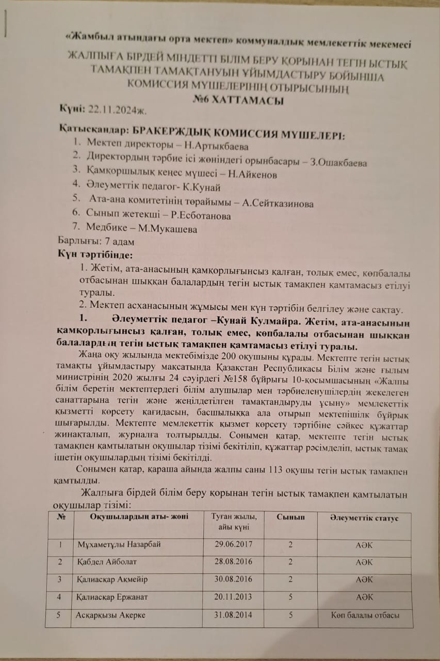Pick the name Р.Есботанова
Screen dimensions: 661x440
pyautogui.click(x=199, y=216)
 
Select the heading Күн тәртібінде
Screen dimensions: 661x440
pyautogui.click(x=95, y=255)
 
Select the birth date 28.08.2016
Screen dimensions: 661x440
pyautogui.click(x=235, y=562)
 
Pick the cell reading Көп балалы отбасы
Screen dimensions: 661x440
pyautogui.click(x=365, y=615)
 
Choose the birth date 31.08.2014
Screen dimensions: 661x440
pyautogui.click(x=235, y=615)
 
